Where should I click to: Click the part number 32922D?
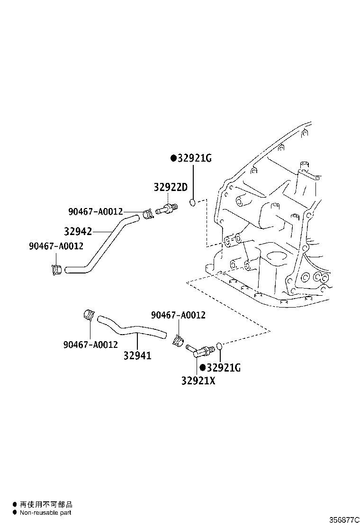click(x=171, y=187)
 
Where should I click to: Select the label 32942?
click(x=78, y=231)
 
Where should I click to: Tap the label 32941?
click(x=137, y=355)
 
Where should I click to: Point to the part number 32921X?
click(x=198, y=381)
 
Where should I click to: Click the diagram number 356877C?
click(x=344, y=520)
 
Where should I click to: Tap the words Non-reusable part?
click(x=45, y=513)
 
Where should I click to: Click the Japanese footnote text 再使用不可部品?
click(x=46, y=504)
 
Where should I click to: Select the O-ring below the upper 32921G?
click(x=192, y=202)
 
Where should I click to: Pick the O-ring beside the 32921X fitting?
click(x=219, y=346)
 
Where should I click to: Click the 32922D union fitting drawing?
click(x=167, y=208)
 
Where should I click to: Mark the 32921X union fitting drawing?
click(x=200, y=350)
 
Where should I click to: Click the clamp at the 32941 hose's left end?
click(x=88, y=315)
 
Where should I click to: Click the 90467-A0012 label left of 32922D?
click(x=96, y=212)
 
